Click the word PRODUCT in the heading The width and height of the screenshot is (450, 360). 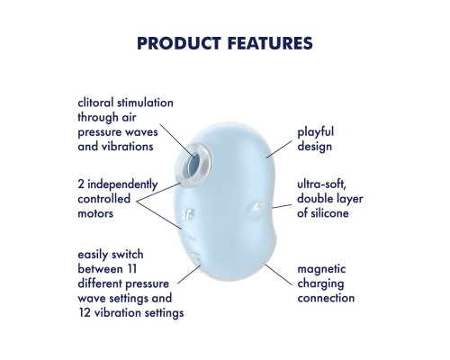click(179, 43)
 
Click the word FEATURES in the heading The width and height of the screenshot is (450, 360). click(270, 43)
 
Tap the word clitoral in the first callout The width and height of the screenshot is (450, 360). click(95, 103)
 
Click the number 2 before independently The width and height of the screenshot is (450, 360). click(81, 184)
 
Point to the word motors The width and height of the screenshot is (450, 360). click(95, 213)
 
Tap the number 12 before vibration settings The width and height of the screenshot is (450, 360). click(85, 313)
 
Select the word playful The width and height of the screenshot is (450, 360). click(315, 132)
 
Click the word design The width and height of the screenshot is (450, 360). click(314, 147)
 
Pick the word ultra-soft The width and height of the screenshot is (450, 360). click(321, 184)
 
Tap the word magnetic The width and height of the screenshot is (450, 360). click(321, 269)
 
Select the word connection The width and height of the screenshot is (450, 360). click(326, 298)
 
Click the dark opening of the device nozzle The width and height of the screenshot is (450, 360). click(193, 166)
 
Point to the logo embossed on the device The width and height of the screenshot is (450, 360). click(188, 214)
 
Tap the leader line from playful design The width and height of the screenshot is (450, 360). click(279, 149)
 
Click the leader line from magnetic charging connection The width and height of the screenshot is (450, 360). click(278, 274)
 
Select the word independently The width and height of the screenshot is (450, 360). click(122, 184)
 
